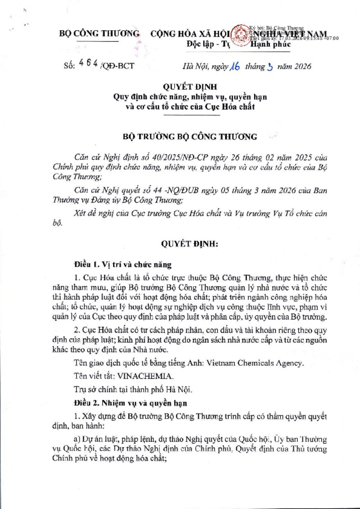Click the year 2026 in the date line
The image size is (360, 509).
pyautogui.click(x=301, y=67)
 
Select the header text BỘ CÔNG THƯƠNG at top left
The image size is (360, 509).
pyautogui.click(x=100, y=34)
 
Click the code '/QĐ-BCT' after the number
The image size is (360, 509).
pyautogui.click(x=118, y=66)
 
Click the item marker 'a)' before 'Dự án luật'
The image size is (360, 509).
pyautogui.click(x=77, y=439)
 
